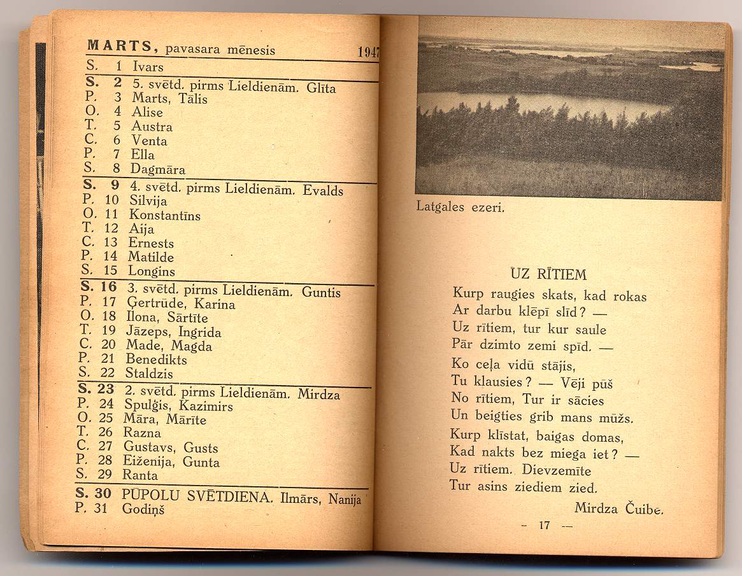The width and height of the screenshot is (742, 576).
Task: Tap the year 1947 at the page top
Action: (368, 52)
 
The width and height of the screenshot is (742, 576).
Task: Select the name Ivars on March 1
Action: (148, 67)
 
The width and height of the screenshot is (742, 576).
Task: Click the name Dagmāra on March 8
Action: (158, 169)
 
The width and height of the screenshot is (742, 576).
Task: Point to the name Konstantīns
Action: (164, 216)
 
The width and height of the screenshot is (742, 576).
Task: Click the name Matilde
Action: (151, 257)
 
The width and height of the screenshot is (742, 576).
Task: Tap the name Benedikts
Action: (156, 360)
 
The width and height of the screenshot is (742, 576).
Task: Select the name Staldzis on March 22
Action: (149, 374)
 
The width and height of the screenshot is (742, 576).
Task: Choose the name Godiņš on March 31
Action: (143, 509)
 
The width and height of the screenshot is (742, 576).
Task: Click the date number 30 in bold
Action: (104, 494)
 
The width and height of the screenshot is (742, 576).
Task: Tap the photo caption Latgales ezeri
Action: (460, 206)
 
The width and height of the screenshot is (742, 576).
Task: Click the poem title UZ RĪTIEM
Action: (548, 275)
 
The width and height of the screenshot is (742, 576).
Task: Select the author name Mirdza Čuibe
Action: (618, 508)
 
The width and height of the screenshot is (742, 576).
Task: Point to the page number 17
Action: (544, 526)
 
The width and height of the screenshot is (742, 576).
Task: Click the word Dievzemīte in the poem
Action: (557, 471)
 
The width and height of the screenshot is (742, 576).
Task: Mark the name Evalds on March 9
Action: (323, 190)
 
